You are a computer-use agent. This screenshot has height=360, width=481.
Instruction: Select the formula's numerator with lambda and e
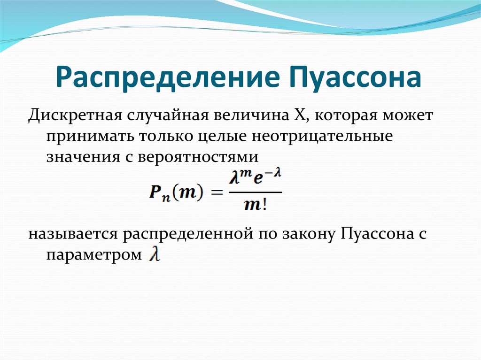(x=255, y=180)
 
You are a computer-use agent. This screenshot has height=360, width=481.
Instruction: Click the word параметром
(x=93, y=254)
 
